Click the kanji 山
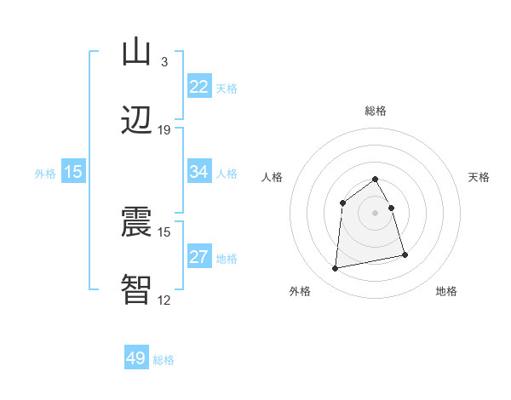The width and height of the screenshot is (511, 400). (136, 52)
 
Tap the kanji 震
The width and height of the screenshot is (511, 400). (136, 222)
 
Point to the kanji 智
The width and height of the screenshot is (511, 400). (136, 289)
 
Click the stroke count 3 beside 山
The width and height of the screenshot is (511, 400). (164, 61)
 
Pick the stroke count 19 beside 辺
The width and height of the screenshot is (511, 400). (164, 129)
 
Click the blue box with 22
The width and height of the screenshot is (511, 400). (199, 87)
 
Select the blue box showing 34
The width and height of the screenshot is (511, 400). (199, 172)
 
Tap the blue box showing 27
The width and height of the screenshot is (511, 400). (199, 257)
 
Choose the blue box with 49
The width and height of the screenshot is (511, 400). (136, 358)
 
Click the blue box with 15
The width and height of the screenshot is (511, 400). (73, 172)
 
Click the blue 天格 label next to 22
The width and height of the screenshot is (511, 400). (227, 88)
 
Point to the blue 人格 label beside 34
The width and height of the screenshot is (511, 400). (227, 173)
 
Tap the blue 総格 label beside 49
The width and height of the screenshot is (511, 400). (164, 359)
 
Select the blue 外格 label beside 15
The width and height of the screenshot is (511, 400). (45, 173)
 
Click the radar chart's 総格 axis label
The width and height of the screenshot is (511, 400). (376, 111)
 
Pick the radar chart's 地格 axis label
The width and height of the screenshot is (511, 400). (446, 291)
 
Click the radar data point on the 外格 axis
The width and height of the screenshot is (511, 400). (336, 269)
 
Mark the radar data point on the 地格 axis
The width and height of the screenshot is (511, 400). (405, 254)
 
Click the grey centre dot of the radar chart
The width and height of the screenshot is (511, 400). (376, 213)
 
